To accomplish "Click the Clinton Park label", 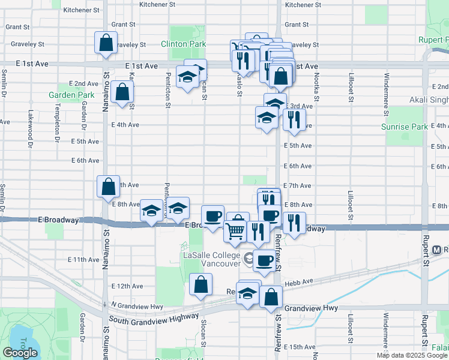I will coord(183,44).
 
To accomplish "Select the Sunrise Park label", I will coord(405,127).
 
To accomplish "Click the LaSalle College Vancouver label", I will coord(212,259).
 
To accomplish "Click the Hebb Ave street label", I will coord(304,281).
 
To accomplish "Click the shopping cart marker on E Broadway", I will coord(235,230).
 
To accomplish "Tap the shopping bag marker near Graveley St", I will coord(106,43).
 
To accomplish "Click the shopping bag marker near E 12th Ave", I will coord(201,284).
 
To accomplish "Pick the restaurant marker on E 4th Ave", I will coord(294,119).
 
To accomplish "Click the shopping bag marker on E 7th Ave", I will coord(108,186).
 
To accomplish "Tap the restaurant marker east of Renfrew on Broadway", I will coord(294,223).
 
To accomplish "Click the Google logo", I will coord(20,353).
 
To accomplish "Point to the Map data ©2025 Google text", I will coord(411,355).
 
